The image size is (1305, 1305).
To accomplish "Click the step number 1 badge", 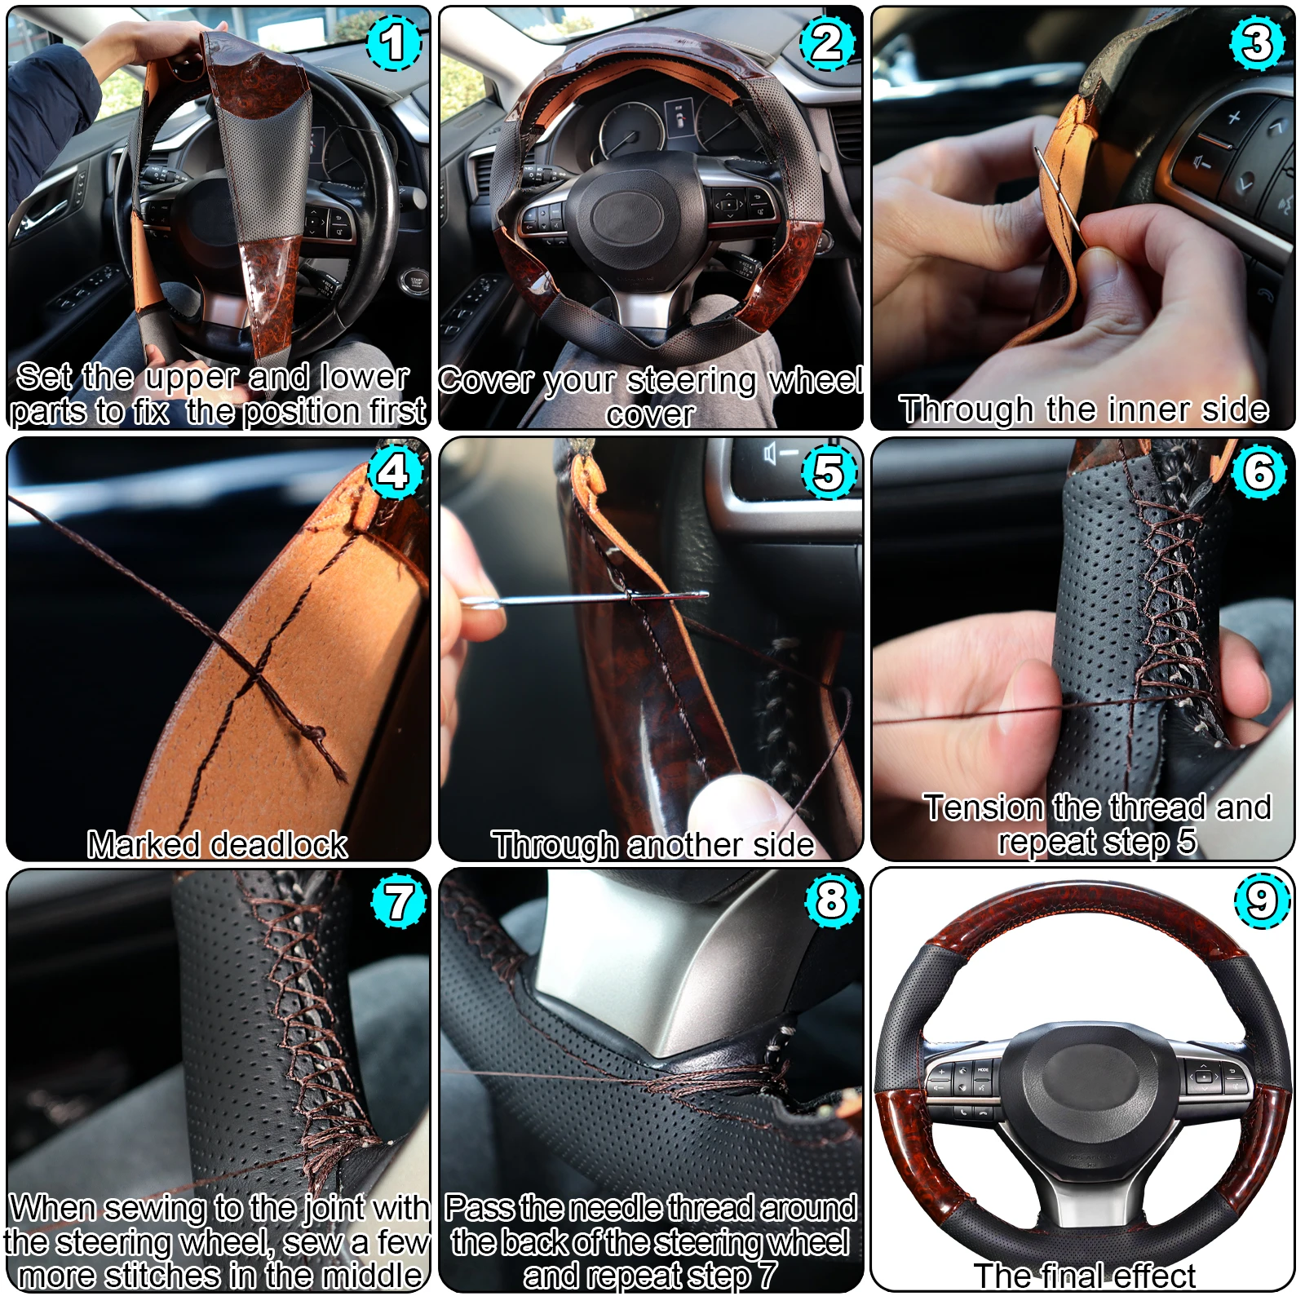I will [394, 43].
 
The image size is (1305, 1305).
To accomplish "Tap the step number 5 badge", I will [828, 473].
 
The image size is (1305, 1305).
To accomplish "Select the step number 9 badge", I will [1261, 900].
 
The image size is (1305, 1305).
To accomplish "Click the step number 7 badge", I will [399, 901].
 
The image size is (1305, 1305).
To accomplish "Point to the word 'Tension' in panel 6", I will [983, 807].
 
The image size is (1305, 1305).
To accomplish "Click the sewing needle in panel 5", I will [583, 599].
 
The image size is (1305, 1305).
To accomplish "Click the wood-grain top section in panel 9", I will [1086, 909].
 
